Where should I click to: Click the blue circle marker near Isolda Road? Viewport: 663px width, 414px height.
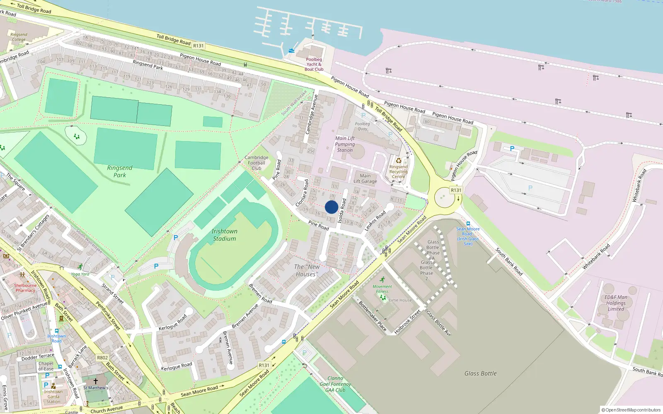(331, 207)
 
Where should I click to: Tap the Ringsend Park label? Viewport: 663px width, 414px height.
(120, 171)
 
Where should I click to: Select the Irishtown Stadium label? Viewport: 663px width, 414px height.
(224, 235)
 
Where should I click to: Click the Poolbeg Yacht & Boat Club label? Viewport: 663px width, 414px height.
(314, 64)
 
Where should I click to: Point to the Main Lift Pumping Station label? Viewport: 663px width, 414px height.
(345, 144)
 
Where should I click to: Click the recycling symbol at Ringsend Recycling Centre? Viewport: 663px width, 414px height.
(399, 161)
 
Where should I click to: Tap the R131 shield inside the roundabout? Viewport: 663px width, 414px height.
(456, 190)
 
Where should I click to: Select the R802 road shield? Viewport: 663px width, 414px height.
(102, 358)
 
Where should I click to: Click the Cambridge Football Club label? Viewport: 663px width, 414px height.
(256, 163)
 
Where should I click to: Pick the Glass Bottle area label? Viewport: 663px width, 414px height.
(480, 373)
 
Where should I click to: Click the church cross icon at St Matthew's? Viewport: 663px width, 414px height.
(96, 381)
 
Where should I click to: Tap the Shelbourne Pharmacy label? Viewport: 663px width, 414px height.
(25, 288)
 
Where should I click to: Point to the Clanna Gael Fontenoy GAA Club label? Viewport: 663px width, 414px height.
(335, 384)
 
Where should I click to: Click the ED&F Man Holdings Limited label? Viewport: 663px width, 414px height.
(616, 303)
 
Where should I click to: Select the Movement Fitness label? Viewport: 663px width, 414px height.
(382, 289)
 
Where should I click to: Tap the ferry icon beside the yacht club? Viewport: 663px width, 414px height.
(292, 51)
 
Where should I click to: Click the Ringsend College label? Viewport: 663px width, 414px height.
(19, 37)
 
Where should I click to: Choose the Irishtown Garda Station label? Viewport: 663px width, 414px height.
(53, 397)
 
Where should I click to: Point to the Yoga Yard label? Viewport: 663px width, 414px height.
(80, 274)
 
